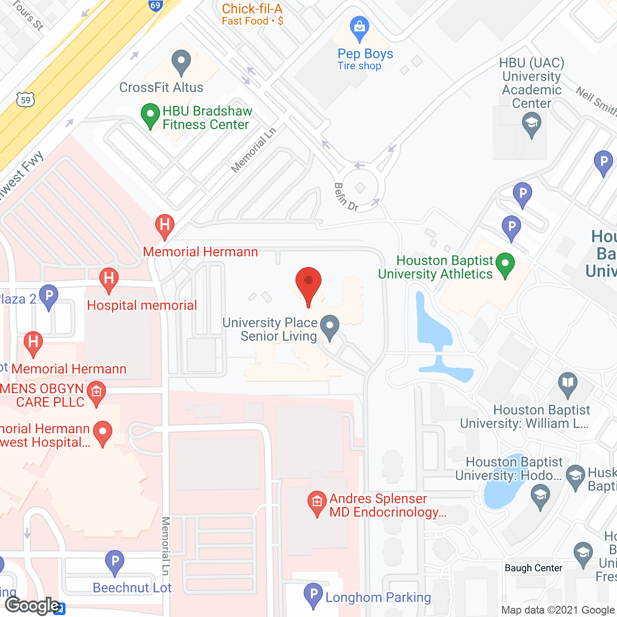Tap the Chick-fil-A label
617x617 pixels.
(252, 9)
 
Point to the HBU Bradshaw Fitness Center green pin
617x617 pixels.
(150, 115)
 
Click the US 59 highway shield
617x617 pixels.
(26, 100)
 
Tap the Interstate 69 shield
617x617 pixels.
(155, 6)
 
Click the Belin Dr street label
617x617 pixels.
(346, 197)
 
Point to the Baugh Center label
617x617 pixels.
(533, 568)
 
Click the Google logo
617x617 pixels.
(33, 605)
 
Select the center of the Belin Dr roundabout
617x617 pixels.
(361, 187)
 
